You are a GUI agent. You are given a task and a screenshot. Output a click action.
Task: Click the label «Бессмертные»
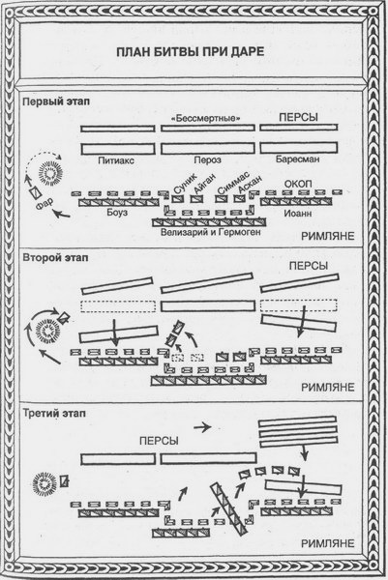(x=204, y=118)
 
